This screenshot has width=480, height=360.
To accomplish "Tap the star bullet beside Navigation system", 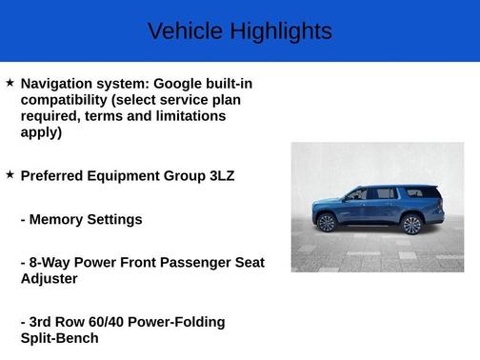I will [10, 83].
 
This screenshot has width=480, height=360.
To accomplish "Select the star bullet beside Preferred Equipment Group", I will [10, 174].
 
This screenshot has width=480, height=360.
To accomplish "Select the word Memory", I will [58, 220].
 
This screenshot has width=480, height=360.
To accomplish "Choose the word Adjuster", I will [50, 279].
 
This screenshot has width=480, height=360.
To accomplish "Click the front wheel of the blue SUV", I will [327, 223].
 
